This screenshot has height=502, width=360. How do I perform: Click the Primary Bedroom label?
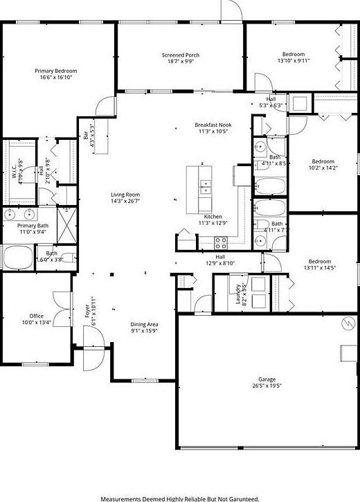[56, 71]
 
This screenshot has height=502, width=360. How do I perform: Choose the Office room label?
[36, 316]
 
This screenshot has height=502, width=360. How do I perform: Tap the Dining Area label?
[145, 324]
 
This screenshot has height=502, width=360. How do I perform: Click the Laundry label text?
[238, 294]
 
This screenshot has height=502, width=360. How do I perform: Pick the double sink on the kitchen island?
[206, 186]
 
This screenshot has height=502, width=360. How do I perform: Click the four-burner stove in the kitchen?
[222, 242]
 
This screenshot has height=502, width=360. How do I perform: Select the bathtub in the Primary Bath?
[17, 258]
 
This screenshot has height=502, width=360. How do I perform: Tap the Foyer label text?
[88, 309]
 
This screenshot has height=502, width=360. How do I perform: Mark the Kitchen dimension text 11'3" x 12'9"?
[213, 223]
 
